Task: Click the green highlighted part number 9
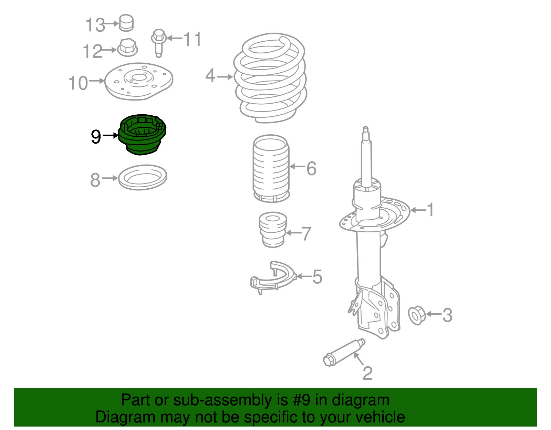click(x=142, y=135)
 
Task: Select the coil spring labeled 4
click(x=271, y=78)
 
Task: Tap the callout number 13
click(x=95, y=25)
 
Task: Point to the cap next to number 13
click(x=126, y=23)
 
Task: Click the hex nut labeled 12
click(x=127, y=48)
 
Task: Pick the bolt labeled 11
click(x=158, y=43)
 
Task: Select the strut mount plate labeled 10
click(x=138, y=81)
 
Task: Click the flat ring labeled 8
click(x=143, y=178)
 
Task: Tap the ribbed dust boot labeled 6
click(x=271, y=169)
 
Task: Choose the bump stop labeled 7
click(x=273, y=230)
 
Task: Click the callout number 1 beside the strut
click(x=430, y=210)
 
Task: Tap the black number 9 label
click(x=96, y=137)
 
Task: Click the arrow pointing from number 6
click(x=297, y=167)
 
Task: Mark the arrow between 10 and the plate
click(x=97, y=81)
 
